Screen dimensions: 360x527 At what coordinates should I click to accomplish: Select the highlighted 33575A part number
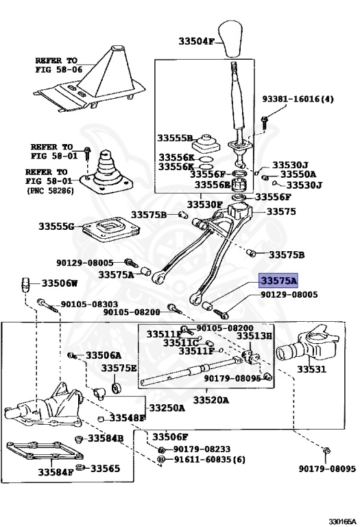pyautogui.click(x=278, y=281)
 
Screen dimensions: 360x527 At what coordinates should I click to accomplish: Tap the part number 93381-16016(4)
pyautogui.click(x=298, y=99)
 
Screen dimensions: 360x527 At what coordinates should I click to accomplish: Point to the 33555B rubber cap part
pyautogui.click(x=206, y=143)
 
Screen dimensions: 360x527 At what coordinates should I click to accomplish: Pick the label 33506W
pyautogui.click(x=60, y=283)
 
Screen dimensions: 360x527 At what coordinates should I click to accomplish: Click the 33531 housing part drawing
pyautogui.click(x=306, y=346)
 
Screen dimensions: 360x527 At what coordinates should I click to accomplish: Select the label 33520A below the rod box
pyautogui.click(x=211, y=400)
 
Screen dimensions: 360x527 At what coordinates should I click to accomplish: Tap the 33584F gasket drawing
pyautogui.click(x=45, y=451)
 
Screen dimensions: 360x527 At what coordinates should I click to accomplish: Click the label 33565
pyautogui.click(x=105, y=468)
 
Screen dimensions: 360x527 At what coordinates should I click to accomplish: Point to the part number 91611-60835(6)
pyautogui.click(x=209, y=459)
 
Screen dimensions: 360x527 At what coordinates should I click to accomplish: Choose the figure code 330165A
pyautogui.click(x=342, y=522)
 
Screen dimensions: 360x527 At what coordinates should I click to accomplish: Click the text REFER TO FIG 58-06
pyautogui.click(x=56, y=65)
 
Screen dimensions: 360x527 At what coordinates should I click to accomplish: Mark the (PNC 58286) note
pyautogui.click(x=50, y=191)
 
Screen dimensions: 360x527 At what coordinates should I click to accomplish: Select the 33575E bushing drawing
pyautogui.click(x=117, y=388)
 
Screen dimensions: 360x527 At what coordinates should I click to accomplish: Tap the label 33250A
pyautogui.click(x=167, y=408)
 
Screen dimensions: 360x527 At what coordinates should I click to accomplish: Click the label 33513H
pyautogui.click(x=254, y=336)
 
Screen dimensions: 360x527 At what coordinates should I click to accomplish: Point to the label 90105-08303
pyautogui.click(x=89, y=305)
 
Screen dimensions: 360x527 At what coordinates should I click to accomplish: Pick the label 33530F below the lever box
pyautogui.click(x=204, y=204)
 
